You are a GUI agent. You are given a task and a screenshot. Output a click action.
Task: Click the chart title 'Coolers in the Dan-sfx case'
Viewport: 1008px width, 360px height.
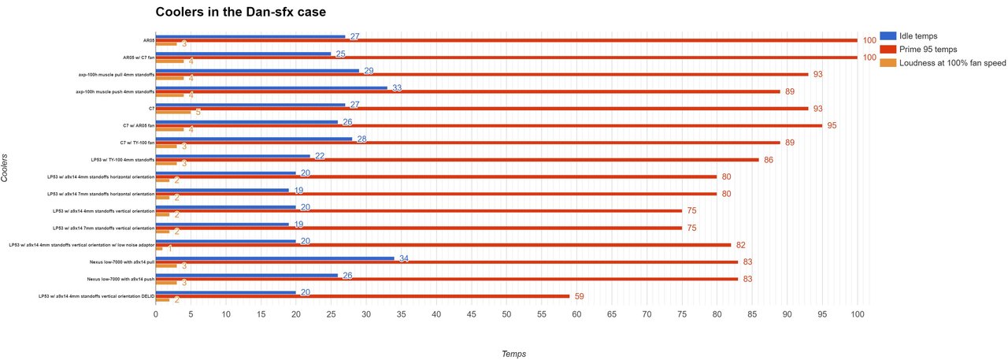[x=240, y=12]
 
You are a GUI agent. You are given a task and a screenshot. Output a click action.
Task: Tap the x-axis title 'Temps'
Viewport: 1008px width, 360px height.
[x=513, y=354]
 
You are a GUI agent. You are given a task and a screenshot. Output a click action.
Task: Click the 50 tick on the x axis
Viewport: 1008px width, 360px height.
[x=506, y=314]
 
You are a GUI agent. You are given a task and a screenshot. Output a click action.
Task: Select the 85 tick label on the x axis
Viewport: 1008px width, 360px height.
[x=752, y=314]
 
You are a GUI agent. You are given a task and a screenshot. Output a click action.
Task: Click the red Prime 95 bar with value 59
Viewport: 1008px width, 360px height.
[x=362, y=296]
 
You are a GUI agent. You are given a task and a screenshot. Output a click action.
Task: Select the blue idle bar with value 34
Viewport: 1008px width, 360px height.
[x=275, y=258]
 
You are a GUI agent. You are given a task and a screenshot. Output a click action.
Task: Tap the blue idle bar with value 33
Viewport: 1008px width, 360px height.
[x=272, y=87]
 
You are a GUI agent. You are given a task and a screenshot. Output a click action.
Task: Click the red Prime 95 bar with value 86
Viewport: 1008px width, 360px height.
[x=457, y=160]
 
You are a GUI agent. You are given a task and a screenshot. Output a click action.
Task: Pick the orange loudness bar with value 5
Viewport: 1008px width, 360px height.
[x=173, y=112]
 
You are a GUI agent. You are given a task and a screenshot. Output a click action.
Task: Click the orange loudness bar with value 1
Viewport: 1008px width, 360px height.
[x=159, y=248]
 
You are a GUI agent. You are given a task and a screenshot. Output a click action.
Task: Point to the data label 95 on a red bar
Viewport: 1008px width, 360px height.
[x=832, y=126]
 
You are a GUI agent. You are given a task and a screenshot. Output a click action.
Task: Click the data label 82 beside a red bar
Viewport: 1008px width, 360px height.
[x=742, y=245]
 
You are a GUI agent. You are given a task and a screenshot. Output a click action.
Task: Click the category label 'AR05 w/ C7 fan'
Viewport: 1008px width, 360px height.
[x=138, y=58]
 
